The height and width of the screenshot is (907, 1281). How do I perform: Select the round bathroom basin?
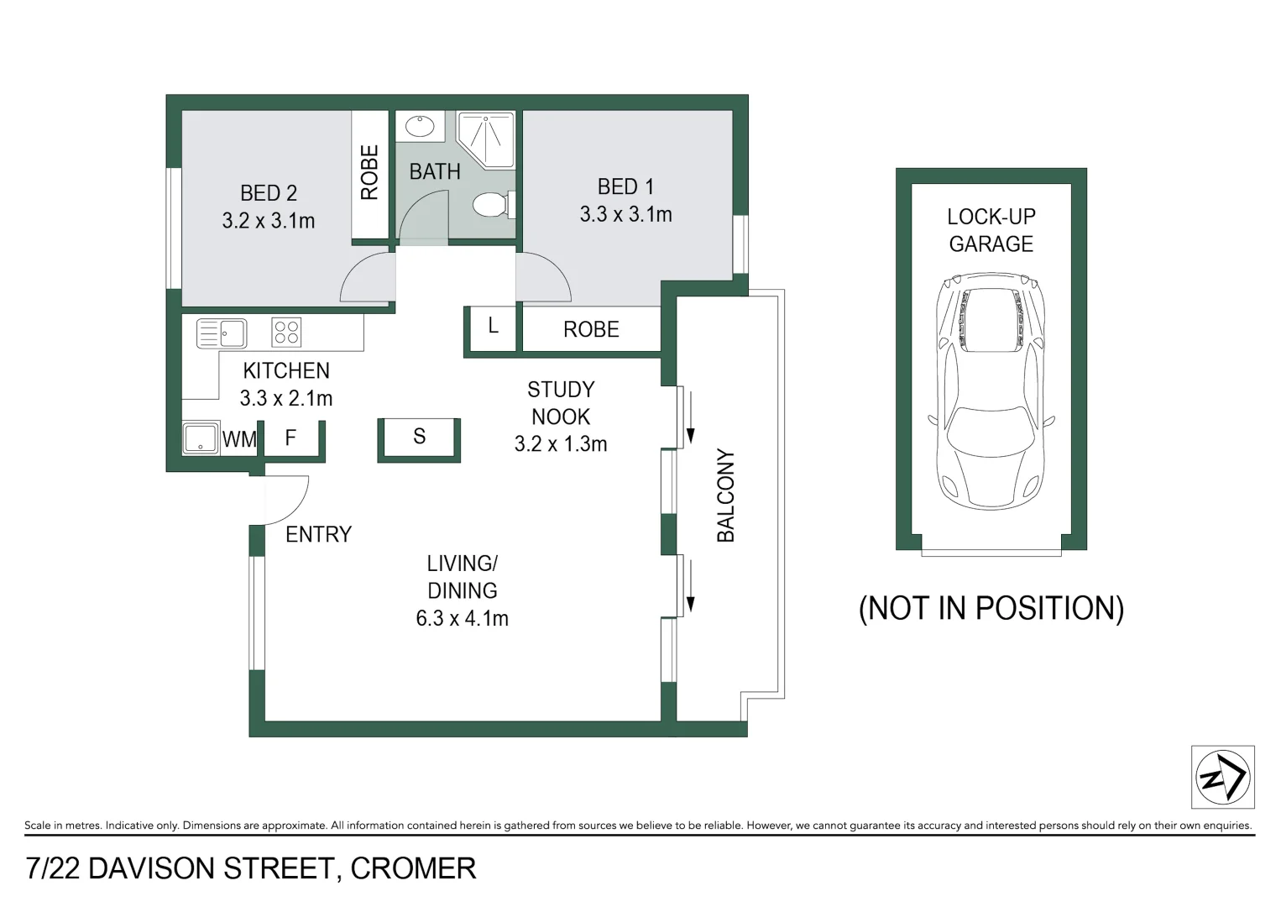pos(419,127)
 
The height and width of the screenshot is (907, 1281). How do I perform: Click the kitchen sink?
pos(222,333)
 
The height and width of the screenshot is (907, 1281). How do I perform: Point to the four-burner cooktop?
pos(286,333)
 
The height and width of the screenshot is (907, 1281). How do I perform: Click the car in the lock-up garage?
pos(991,391)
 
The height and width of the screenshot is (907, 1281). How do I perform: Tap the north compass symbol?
pos(1222,777)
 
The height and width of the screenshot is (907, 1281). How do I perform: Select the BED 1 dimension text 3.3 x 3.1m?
pos(625,215)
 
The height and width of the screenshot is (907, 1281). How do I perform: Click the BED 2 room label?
pos(269,193)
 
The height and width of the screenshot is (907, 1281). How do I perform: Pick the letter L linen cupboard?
pos(493,326)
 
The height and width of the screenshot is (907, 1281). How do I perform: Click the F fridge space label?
pos(290,438)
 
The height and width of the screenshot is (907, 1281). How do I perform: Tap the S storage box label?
pos(419,437)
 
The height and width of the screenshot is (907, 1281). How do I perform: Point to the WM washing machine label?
pos(239,439)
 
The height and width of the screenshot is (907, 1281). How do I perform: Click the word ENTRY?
pos(318,534)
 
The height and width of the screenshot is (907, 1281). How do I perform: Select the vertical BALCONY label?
pos(725,495)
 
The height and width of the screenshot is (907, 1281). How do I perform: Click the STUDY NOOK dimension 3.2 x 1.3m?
pos(561,444)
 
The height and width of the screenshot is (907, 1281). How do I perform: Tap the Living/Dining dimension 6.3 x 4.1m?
pos(463,619)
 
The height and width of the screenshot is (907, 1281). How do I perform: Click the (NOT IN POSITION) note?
pos(991,608)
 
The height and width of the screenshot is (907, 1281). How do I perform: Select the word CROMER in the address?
pos(413,868)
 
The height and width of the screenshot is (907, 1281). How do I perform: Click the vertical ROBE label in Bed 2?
pos(369,172)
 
